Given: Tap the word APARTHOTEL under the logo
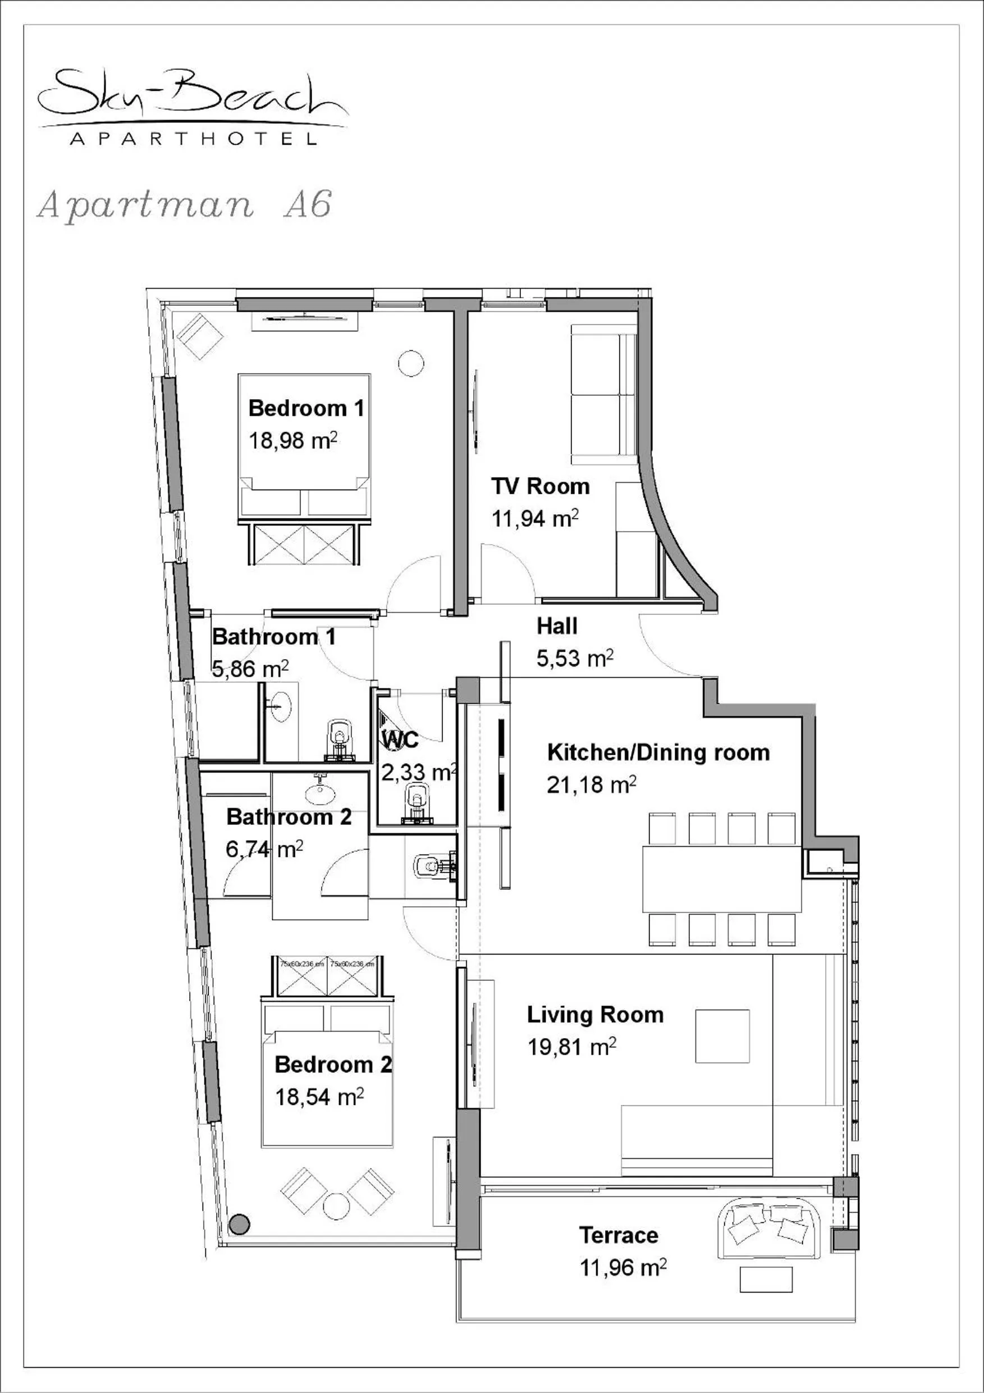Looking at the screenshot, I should (193, 139).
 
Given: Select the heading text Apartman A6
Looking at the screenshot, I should (185, 204).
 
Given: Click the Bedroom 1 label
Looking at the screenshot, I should (306, 408).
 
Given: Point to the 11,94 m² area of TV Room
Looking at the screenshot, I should (534, 519).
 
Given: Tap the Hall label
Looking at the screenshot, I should (556, 626).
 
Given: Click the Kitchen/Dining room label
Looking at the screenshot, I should (658, 752).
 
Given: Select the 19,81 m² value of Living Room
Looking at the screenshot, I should (571, 1047).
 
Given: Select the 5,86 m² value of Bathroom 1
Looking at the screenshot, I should (250, 669).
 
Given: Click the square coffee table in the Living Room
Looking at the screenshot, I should (722, 1036).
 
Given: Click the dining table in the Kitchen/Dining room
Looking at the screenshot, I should (722, 879).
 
